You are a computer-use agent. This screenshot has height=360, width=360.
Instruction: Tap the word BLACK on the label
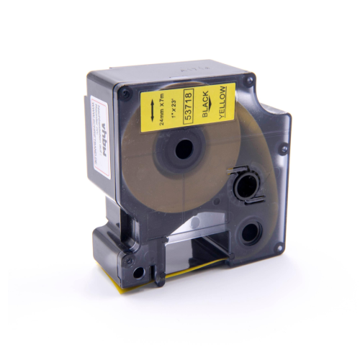click(x=207, y=107)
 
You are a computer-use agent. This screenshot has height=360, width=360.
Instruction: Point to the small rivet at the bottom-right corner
click(x=276, y=248)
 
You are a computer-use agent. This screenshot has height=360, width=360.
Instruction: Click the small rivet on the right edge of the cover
click(x=284, y=150)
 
